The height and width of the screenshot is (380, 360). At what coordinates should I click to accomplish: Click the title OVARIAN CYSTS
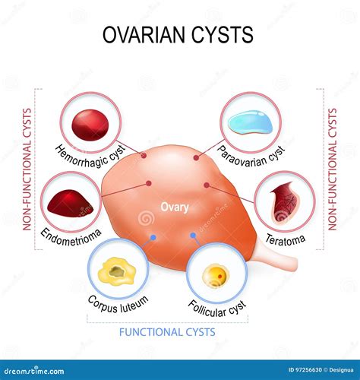pyautogui.click(x=179, y=36)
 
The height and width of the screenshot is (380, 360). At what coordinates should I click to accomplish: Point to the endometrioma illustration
pyautogui.click(x=71, y=201)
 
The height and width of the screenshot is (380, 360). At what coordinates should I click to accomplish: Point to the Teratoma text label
pyautogui.click(x=286, y=241)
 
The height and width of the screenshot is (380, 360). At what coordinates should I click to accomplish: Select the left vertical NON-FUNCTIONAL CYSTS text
pyautogui.click(x=27, y=168)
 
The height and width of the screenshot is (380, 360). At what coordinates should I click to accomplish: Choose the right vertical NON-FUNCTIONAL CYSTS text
pyautogui.click(x=332, y=168)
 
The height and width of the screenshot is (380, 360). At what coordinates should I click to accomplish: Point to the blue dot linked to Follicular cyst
pyautogui.click(x=194, y=235)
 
